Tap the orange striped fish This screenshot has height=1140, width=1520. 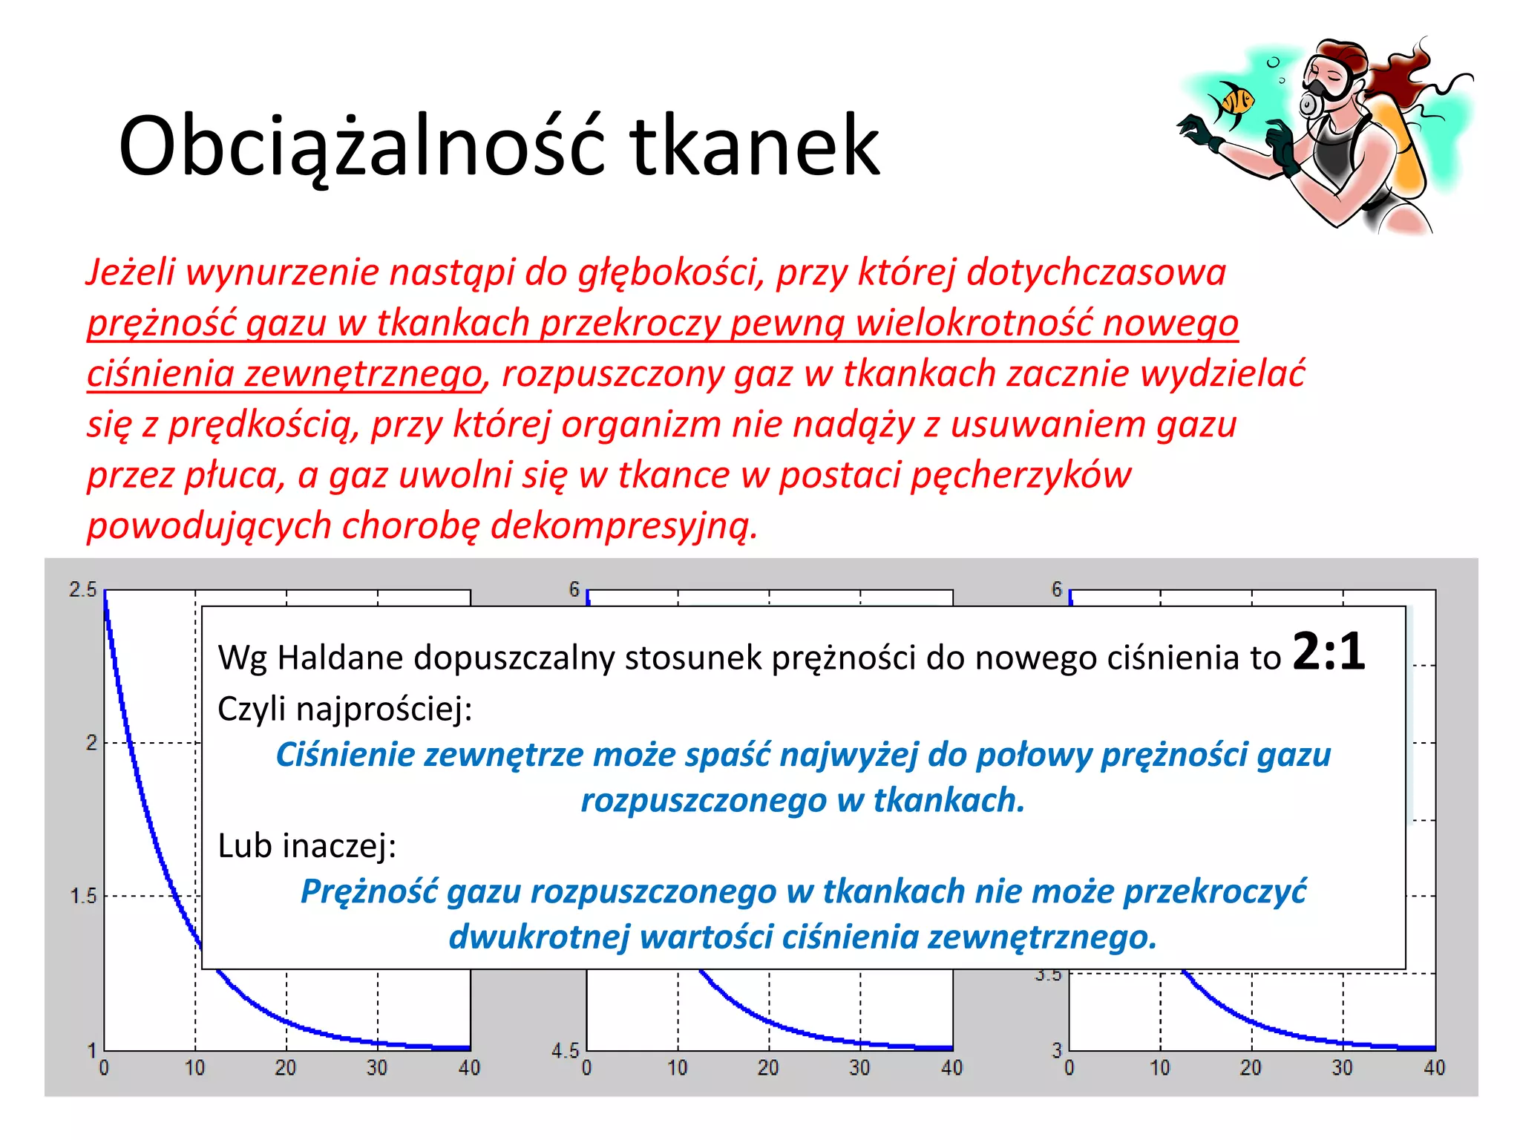(x=1232, y=102)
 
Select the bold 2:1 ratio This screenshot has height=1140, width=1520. (x=1329, y=652)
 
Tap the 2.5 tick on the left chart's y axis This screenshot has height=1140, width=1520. (x=82, y=590)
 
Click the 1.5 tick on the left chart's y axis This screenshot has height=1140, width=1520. (x=82, y=896)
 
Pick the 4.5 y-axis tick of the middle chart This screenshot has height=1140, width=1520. (x=564, y=1050)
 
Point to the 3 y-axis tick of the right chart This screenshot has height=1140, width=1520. (x=1057, y=1050)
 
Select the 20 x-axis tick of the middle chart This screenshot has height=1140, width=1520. (x=768, y=1068)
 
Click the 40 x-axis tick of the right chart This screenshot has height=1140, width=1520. (x=1434, y=1068)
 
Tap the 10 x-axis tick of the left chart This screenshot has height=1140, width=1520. (x=194, y=1068)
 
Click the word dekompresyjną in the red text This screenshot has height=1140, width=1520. (x=623, y=526)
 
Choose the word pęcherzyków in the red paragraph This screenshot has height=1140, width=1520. (x=1021, y=476)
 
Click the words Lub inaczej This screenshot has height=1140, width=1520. (x=307, y=845)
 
